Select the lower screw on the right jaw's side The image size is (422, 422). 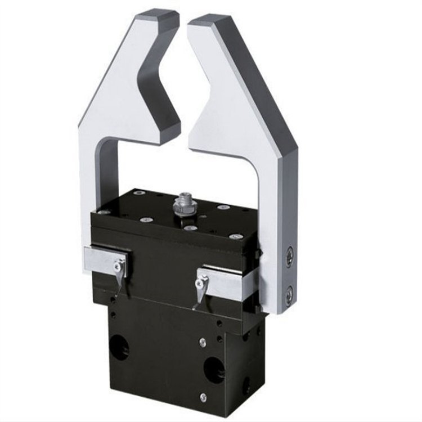tap(289, 293)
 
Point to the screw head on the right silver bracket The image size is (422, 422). tap(201, 277)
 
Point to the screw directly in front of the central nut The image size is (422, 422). tap(188, 228)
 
